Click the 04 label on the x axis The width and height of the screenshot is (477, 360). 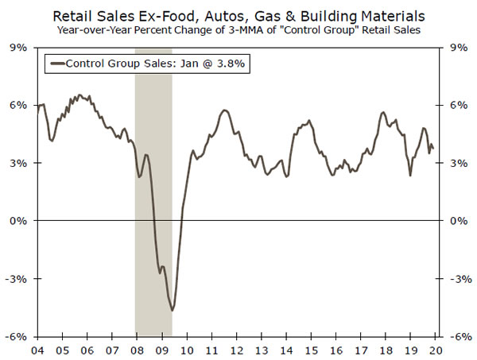[37, 349]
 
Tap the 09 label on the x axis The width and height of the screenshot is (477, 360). [162, 349]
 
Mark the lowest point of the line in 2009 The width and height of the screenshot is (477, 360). [172, 311]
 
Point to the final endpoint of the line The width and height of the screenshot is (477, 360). [432, 148]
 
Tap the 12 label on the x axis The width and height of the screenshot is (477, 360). [238, 349]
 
